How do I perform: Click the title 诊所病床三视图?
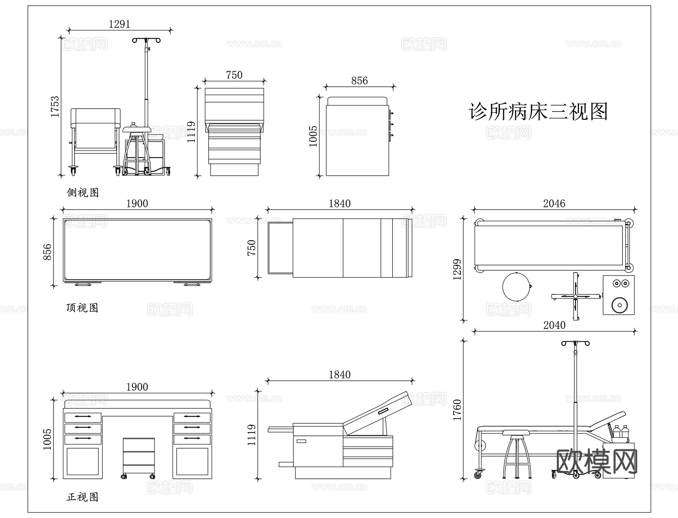[538, 112]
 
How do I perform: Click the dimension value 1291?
[119, 24]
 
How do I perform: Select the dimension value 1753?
[55, 107]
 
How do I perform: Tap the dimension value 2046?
[554, 204]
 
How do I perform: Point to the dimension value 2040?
[554, 325]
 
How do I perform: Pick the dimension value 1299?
[457, 269]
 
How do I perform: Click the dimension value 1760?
[457, 410]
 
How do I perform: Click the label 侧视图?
[82, 193]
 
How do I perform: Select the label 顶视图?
[82, 308]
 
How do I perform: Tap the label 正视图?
[82, 497]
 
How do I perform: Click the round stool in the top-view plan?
[516, 287]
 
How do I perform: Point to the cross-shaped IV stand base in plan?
[575, 297]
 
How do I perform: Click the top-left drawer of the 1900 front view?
[83, 417]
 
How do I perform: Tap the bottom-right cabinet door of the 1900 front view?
[192, 461]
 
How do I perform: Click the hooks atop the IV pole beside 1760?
[575, 343]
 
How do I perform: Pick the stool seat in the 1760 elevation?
[518, 432]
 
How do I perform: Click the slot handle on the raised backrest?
[383, 411]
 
